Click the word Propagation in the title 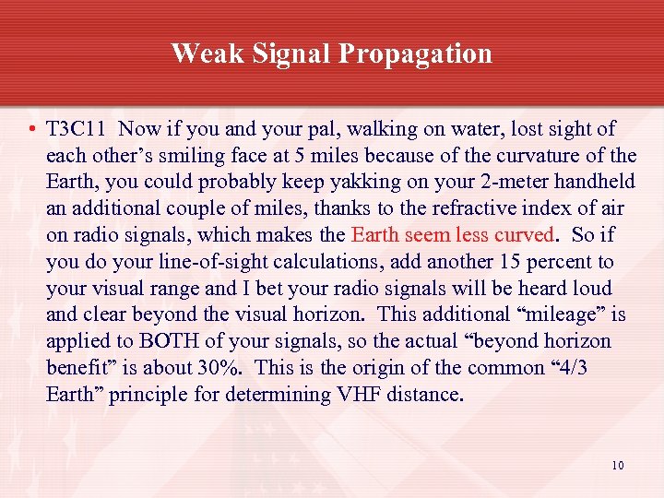415,53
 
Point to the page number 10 617,465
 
